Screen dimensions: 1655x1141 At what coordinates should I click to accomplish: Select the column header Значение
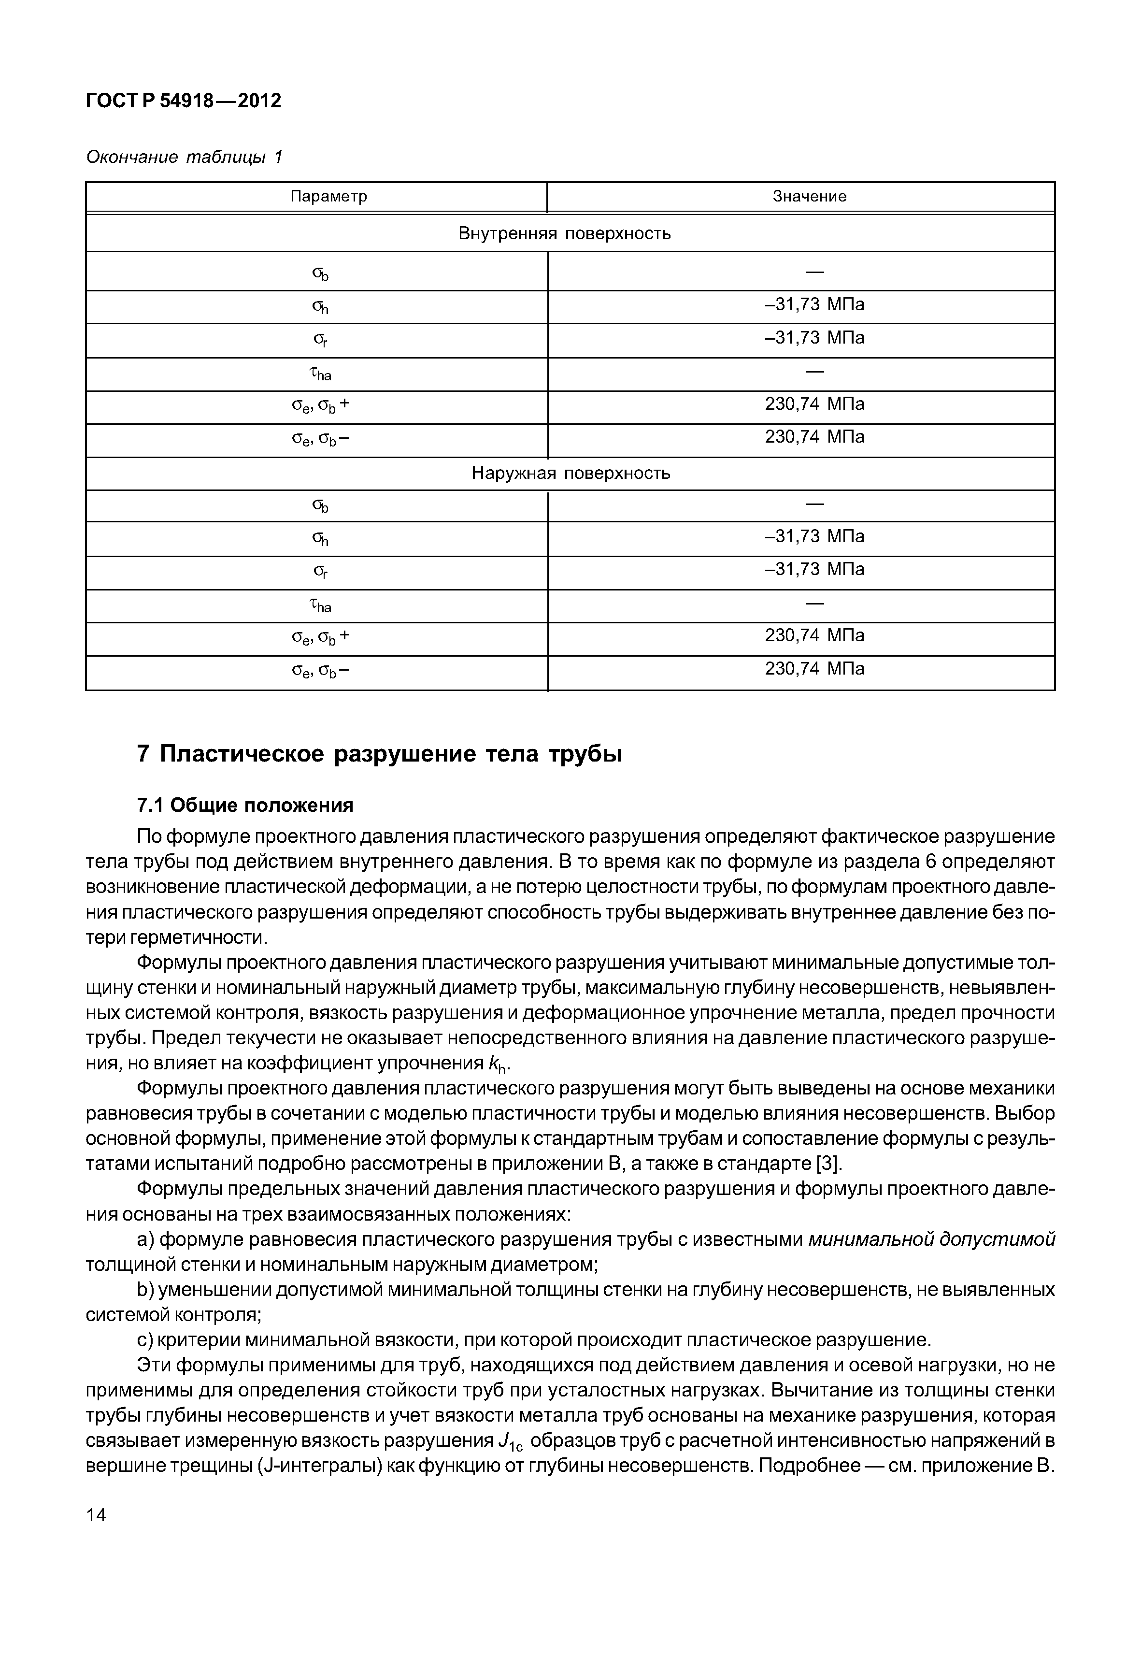pos(809,197)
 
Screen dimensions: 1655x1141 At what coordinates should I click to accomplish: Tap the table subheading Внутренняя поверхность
pos(564,234)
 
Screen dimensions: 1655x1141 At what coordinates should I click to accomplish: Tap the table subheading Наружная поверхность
pos(570,474)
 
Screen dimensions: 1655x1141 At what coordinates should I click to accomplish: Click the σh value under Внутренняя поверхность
pos(814,305)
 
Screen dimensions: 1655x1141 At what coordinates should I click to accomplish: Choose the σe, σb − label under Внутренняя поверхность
pos(321,440)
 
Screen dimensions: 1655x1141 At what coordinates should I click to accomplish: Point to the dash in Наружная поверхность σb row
pos(815,505)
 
